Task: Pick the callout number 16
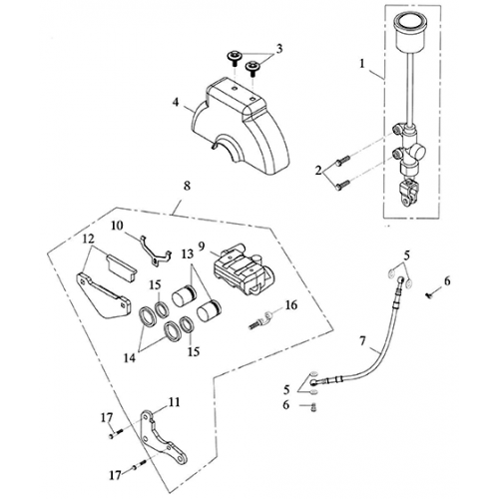pyautogui.click(x=291, y=305)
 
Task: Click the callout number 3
pyautogui.click(x=278, y=47)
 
